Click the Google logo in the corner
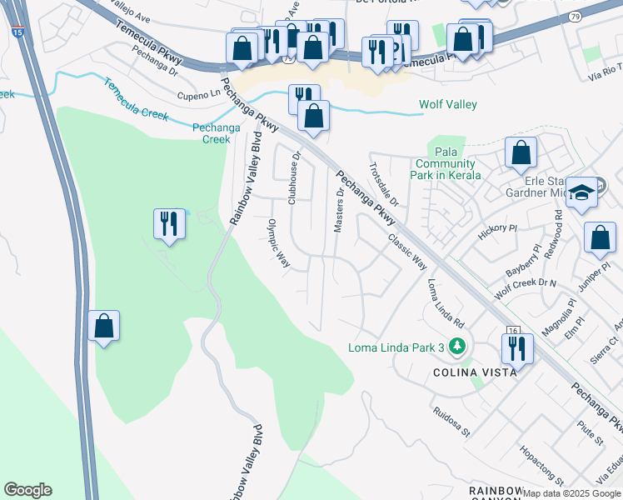click(27, 490)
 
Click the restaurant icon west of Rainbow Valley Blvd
click(170, 223)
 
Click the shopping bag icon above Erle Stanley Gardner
click(521, 152)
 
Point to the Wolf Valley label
click(447, 104)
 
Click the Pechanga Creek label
click(211, 133)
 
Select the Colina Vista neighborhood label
click(474, 372)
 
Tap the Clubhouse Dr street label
click(294, 177)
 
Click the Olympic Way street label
click(278, 243)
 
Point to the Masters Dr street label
click(339, 210)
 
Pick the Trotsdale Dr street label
click(384, 184)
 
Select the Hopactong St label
click(541, 469)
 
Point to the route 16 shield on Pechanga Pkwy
click(512, 330)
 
